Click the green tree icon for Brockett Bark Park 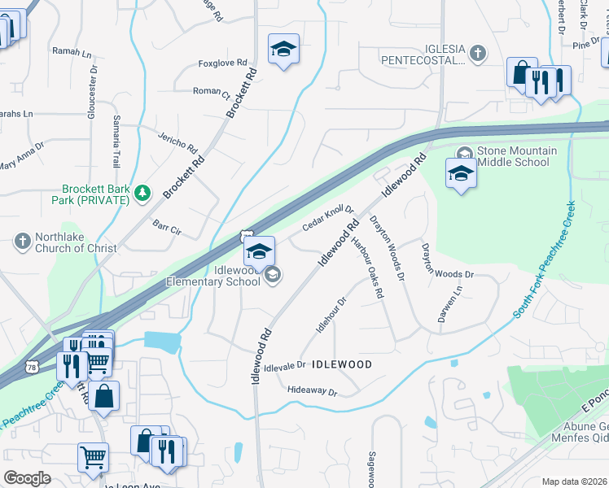(143, 193)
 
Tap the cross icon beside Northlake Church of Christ (23, 241)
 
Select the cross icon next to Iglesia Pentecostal (478, 54)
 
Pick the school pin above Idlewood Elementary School (260, 251)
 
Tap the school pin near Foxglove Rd (283, 50)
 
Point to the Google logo (27, 478)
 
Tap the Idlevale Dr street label (284, 366)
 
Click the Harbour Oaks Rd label (367, 268)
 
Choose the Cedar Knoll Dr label (329, 218)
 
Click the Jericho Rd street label (178, 143)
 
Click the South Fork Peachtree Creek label (544, 260)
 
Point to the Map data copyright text (574, 481)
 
